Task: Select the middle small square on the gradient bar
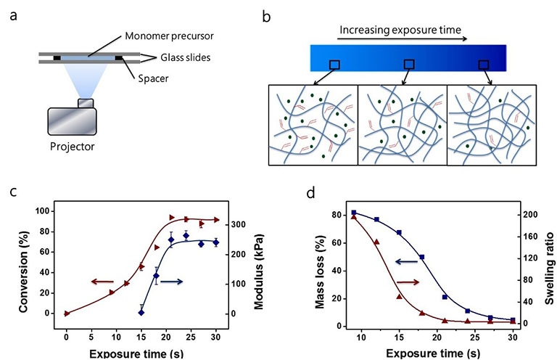(x=409, y=65)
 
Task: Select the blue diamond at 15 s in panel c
(x=141, y=312)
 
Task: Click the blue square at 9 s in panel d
(x=354, y=213)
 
